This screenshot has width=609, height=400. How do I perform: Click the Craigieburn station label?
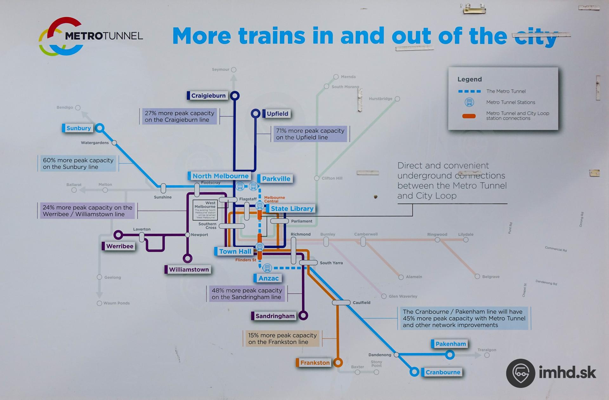(208, 96)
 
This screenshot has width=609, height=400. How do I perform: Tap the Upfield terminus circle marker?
(255, 113)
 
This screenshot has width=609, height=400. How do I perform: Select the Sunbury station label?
(78, 128)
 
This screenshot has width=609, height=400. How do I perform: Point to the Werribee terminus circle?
(118, 235)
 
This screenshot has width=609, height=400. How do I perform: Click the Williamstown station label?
(188, 270)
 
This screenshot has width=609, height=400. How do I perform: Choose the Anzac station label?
(268, 278)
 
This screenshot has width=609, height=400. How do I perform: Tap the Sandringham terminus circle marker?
(303, 316)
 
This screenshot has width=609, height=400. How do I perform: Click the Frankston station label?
(314, 363)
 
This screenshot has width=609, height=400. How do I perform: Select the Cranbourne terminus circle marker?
(414, 372)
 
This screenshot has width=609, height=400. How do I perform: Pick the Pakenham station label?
(450, 344)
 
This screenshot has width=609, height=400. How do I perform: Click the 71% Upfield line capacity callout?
(310, 134)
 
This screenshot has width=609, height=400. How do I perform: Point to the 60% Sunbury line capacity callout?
(78, 163)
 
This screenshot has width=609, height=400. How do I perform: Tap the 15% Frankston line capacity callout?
(282, 338)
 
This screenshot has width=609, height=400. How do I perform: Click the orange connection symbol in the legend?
(469, 116)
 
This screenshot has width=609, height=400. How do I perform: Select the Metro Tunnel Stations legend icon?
(469, 102)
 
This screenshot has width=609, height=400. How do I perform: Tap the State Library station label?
(291, 209)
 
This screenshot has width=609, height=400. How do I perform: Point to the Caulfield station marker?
(341, 303)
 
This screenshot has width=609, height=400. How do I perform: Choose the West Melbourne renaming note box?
(205, 210)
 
